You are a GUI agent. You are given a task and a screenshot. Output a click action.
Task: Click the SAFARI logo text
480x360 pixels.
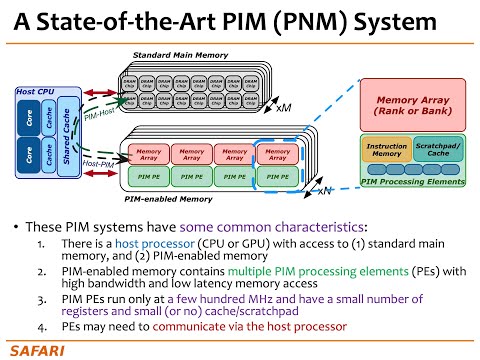point(37,349)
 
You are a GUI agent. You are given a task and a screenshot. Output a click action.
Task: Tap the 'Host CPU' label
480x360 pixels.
point(36,92)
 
